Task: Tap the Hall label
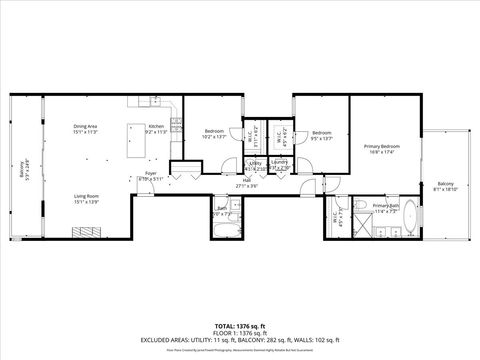click(x=246, y=182)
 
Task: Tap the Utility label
click(x=255, y=163)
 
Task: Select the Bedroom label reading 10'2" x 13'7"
click(x=215, y=133)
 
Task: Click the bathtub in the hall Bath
click(x=222, y=233)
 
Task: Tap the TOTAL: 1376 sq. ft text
click(x=239, y=326)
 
